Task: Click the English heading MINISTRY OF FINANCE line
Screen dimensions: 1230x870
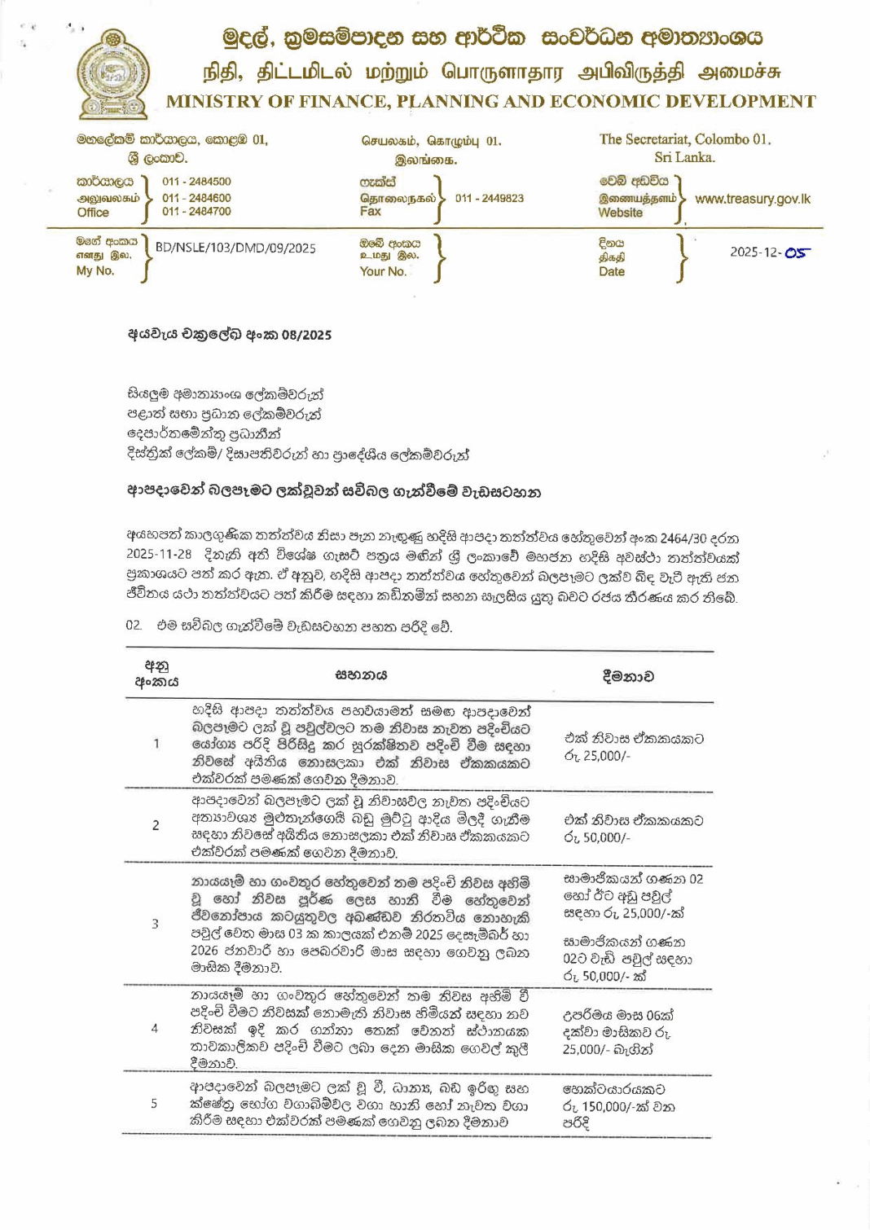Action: click(490, 102)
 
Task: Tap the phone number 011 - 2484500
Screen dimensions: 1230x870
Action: click(196, 182)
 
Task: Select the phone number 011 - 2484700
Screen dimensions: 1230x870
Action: click(196, 212)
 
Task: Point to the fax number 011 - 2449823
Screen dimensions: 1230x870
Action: click(489, 198)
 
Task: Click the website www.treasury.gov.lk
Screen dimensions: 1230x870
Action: click(752, 199)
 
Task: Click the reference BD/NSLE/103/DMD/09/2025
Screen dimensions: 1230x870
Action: click(235, 248)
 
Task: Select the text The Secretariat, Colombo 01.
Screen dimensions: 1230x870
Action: click(684, 139)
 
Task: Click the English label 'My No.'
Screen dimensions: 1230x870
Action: click(94, 271)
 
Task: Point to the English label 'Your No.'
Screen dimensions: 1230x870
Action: click(383, 271)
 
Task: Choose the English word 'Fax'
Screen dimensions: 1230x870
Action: click(370, 212)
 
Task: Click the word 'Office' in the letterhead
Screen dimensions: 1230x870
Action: click(93, 213)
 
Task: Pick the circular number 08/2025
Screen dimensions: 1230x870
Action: click(306, 335)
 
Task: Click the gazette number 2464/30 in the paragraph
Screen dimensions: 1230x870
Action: click(685, 538)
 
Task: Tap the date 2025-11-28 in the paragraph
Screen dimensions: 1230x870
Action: click(159, 554)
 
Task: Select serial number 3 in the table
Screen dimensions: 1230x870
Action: click(155, 924)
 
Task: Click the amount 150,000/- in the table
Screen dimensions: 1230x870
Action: click(607, 1107)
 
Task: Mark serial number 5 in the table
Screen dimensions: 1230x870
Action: click(154, 1103)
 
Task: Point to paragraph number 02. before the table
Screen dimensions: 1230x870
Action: click(134, 626)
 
